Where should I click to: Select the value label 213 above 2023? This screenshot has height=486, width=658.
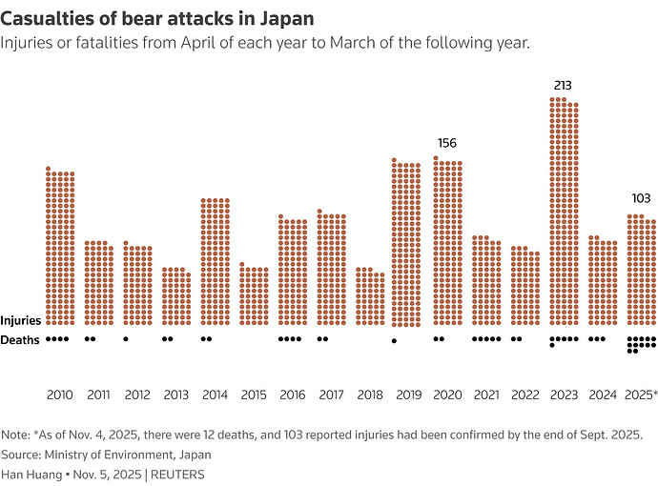563,87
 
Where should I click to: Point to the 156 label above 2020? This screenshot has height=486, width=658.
446,143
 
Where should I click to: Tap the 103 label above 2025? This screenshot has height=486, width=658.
641,198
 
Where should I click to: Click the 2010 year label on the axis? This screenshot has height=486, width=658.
59,394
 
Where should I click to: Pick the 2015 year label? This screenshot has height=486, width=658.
253,394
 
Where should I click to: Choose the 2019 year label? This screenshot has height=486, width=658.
407,394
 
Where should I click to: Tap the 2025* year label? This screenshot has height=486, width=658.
641,394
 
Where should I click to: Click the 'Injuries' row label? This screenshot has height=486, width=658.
21,321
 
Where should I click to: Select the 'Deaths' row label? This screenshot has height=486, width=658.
20,340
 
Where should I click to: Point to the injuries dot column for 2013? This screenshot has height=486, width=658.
175,296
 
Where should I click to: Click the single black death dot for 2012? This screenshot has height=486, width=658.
126,338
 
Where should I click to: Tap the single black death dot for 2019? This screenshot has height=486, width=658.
395,341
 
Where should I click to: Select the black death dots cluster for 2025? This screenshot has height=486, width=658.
640,344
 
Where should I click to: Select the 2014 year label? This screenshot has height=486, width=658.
215,394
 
